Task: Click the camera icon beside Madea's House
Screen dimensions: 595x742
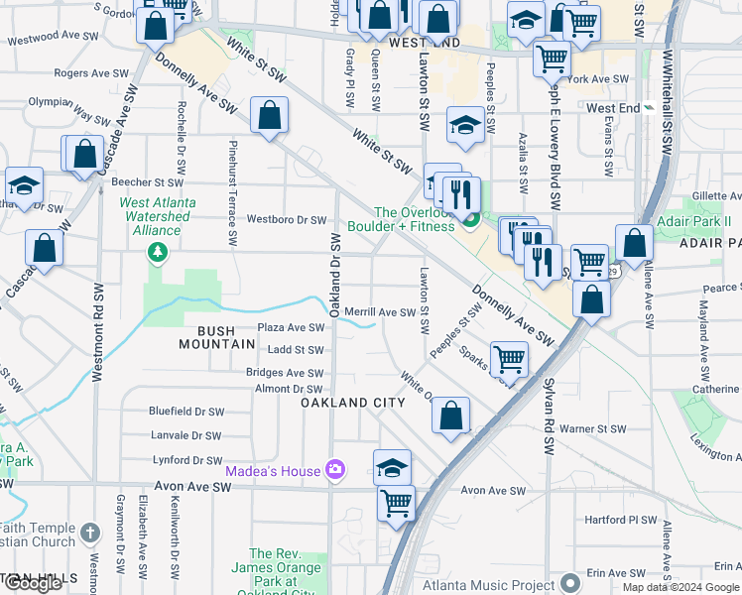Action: click(335, 470)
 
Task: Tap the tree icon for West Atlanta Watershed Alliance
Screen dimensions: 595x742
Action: click(157, 254)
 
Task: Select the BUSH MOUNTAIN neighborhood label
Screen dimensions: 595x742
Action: click(218, 337)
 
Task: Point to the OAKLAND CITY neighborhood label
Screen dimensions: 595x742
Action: click(354, 403)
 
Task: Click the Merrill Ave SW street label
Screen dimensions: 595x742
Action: click(379, 312)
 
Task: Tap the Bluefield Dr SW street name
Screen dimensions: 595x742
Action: click(186, 412)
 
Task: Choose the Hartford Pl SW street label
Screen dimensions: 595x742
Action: click(621, 520)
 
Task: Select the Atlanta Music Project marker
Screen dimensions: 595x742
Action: click(569, 581)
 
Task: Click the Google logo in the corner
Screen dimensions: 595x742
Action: click(33, 583)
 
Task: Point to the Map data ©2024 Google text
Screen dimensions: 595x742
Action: click(680, 587)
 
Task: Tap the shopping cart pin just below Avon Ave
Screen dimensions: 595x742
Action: click(396, 503)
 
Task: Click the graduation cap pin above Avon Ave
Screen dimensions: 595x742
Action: click(393, 467)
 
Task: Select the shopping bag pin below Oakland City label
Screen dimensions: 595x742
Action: click(450, 416)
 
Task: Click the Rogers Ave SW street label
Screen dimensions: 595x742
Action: click(92, 73)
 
